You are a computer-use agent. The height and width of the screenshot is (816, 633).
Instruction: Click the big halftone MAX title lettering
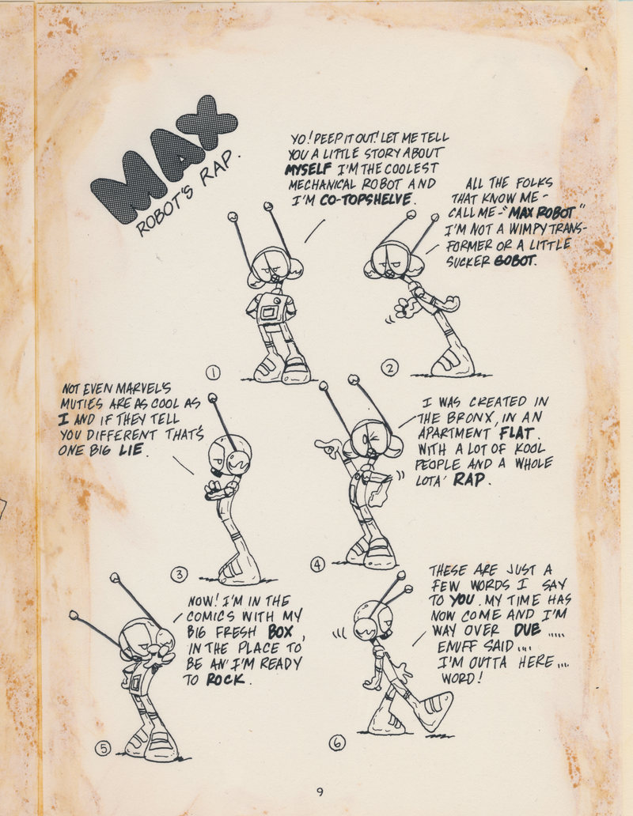(x=164, y=159)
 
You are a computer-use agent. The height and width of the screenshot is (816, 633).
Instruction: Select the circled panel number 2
(x=390, y=368)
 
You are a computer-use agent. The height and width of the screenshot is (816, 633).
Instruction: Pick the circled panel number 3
(x=179, y=574)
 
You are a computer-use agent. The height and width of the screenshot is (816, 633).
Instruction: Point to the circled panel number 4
(x=317, y=564)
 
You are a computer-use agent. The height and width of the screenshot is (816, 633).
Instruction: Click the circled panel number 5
(x=103, y=748)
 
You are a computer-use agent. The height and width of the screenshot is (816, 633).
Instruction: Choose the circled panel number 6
(x=337, y=743)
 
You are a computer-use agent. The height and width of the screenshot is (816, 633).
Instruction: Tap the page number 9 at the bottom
(x=320, y=792)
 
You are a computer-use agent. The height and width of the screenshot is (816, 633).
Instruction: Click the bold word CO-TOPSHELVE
(x=366, y=200)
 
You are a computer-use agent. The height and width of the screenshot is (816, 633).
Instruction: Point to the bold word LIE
(x=131, y=450)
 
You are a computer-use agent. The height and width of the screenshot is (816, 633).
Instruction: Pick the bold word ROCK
(x=226, y=679)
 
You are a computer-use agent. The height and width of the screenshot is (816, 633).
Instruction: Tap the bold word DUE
(x=526, y=630)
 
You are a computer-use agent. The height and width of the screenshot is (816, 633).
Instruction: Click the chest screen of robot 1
(x=269, y=312)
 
